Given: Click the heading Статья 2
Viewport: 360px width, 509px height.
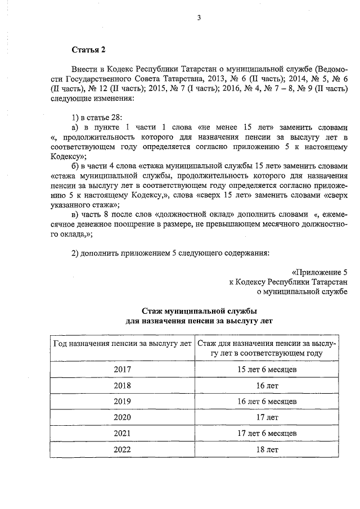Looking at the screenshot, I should point(88,51).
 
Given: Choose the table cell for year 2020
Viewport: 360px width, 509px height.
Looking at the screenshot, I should point(121,417).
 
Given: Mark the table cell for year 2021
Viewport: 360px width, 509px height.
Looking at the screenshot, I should point(121,434).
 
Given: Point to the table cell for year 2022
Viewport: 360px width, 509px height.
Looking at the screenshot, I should point(121,449).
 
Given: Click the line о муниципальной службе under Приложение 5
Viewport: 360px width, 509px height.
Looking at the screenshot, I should point(301,291).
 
